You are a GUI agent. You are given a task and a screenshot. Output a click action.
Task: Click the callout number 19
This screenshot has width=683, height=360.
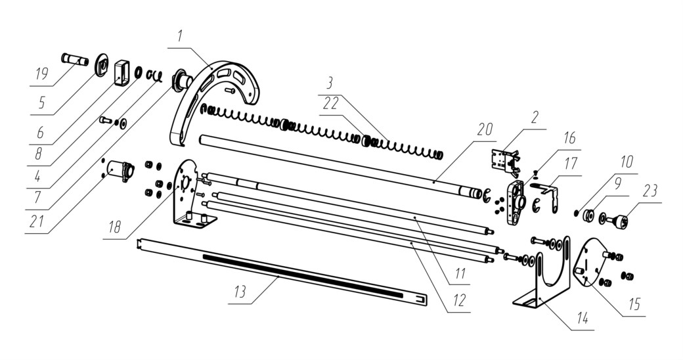point(41,74)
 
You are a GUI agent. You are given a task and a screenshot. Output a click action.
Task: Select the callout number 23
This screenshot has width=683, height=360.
point(650,191)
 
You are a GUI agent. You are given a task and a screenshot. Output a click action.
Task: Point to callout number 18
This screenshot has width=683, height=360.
point(114,227)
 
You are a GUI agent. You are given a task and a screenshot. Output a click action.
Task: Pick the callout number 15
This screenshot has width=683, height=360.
point(634,304)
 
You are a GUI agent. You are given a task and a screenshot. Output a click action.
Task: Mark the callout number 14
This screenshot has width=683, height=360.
point(582,319)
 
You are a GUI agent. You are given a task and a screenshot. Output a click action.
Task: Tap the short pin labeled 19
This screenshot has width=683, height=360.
point(74,59)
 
